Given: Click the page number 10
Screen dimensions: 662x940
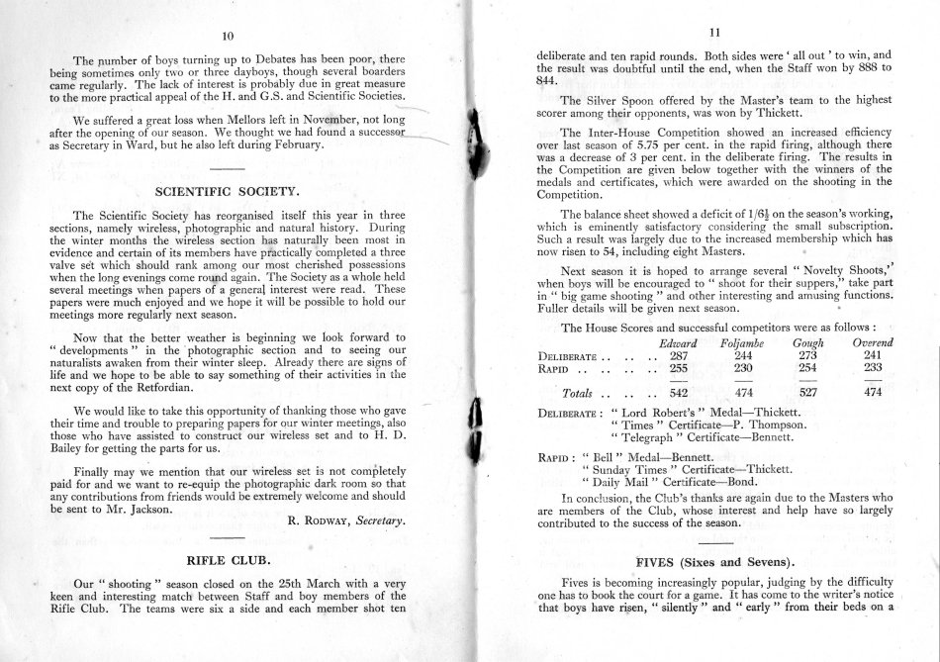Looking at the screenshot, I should pyautogui.click(x=227, y=37).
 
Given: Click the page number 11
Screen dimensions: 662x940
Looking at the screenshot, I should pyautogui.click(x=713, y=32).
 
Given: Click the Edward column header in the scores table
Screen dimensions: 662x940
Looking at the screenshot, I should pyautogui.click(x=679, y=342).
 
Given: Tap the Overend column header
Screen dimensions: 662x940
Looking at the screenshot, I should pyautogui.click(x=873, y=342).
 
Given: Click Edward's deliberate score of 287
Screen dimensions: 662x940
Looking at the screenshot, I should pyautogui.click(x=679, y=355).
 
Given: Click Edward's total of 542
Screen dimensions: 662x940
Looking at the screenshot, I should pyautogui.click(x=679, y=393).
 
